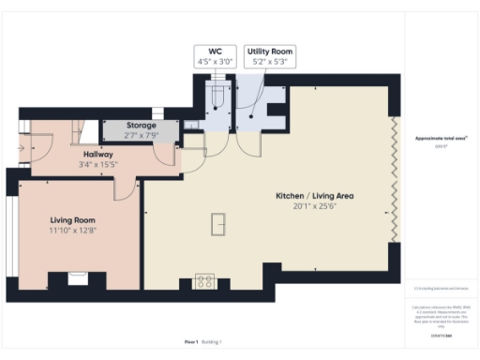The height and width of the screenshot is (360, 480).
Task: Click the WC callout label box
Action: coord(214,55)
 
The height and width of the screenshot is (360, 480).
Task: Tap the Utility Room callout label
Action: coord(269,55)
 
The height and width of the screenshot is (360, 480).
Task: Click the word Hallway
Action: coord(98,154)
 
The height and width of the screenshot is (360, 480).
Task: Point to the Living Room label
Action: coord(74,219)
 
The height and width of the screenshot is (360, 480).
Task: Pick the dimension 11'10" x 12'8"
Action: coord(74,231)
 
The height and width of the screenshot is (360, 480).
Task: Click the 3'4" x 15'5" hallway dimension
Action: coord(98,165)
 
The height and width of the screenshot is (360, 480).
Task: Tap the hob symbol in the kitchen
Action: coord(205,280)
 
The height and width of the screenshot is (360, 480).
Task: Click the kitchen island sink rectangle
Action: coord(219,225)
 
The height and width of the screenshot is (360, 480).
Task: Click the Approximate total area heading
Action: coord(441,138)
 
